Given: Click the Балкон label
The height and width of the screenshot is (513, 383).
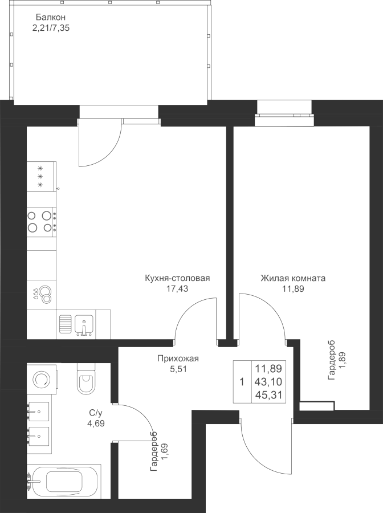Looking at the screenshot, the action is coord(51,17).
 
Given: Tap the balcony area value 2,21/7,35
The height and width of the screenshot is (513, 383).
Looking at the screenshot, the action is coord(51,28).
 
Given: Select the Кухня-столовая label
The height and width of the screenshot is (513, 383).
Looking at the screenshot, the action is coord(177,278).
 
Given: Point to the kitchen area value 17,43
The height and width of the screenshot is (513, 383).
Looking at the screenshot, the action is coord(177,289).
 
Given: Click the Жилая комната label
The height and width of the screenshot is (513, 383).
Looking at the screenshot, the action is coord(293,278).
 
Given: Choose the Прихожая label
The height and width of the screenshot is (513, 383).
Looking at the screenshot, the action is coord(178,359).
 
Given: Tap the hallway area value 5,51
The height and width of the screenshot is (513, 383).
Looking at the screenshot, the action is coord(178,369).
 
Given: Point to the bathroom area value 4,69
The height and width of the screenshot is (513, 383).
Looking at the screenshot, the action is coord(96,424).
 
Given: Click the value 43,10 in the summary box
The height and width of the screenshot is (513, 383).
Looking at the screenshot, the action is coord(268,382).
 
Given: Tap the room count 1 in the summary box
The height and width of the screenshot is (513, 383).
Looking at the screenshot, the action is coord(242,382).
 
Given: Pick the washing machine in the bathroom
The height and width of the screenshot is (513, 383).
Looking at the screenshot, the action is coord(43,378).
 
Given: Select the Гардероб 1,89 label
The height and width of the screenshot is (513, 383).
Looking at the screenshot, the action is coord(337,360).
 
